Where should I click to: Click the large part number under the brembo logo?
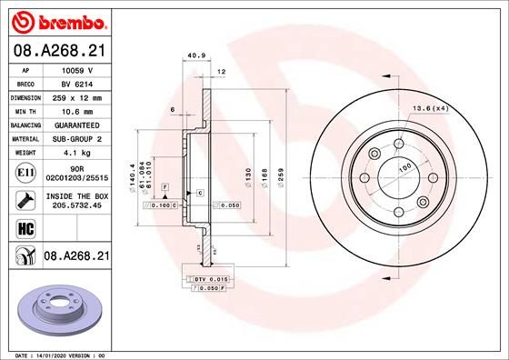58,51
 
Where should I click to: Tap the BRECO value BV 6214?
78,82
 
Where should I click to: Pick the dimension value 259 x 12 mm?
78,95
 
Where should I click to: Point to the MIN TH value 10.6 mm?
78,110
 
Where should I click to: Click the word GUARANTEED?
78,124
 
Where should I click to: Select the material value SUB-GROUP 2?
78,138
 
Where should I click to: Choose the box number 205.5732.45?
78,205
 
